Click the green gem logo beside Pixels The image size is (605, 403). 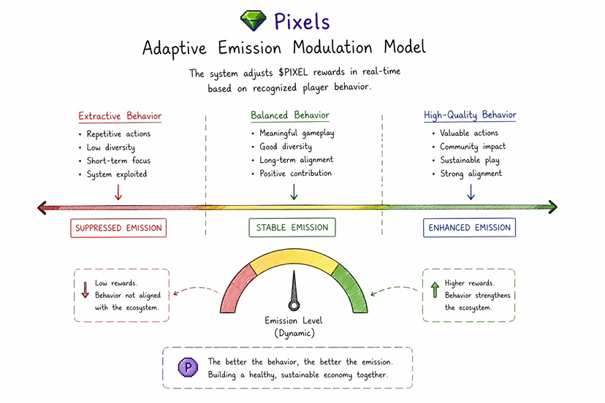(253, 20)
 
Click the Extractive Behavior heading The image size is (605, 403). (120, 116)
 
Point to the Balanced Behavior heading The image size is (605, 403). (290, 115)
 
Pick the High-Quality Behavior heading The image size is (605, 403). (470, 115)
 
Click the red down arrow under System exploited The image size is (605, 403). (118, 192)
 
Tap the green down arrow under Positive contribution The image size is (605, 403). (294, 192)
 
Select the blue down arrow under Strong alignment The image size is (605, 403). (471, 192)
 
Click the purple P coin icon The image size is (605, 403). (188, 367)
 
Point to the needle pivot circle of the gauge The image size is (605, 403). (294, 306)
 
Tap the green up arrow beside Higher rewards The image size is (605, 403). (435, 290)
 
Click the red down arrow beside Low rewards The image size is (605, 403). (85, 290)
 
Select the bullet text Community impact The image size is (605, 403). (473, 147)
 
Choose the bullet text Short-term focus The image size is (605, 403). (118, 161)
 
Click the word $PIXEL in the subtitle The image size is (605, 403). (293, 72)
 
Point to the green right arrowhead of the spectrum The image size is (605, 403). (553, 207)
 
